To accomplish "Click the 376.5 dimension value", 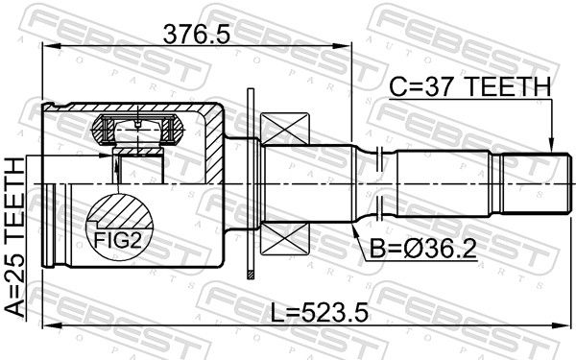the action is pyautogui.click(x=197, y=34).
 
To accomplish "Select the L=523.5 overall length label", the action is pyautogui.click(x=319, y=312).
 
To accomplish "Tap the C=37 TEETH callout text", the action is pyautogui.click(x=469, y=86).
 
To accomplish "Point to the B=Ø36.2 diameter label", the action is pyautogui.click(x=422, y=249).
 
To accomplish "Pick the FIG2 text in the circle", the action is pyautogui.click(x=117, y=241).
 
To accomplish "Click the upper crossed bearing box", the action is pyautogui.click(x=284, y=129).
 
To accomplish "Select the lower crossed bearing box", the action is pyautogui.click(x=284, y=239).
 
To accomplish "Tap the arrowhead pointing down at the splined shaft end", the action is pyautogui.click(x=551, y=146).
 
